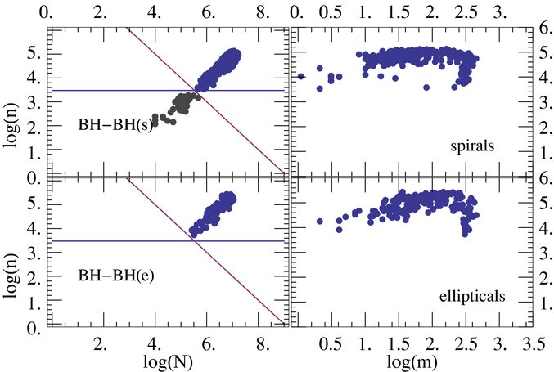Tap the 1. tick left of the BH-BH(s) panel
(36, 153)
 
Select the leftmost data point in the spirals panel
(301, 76)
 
